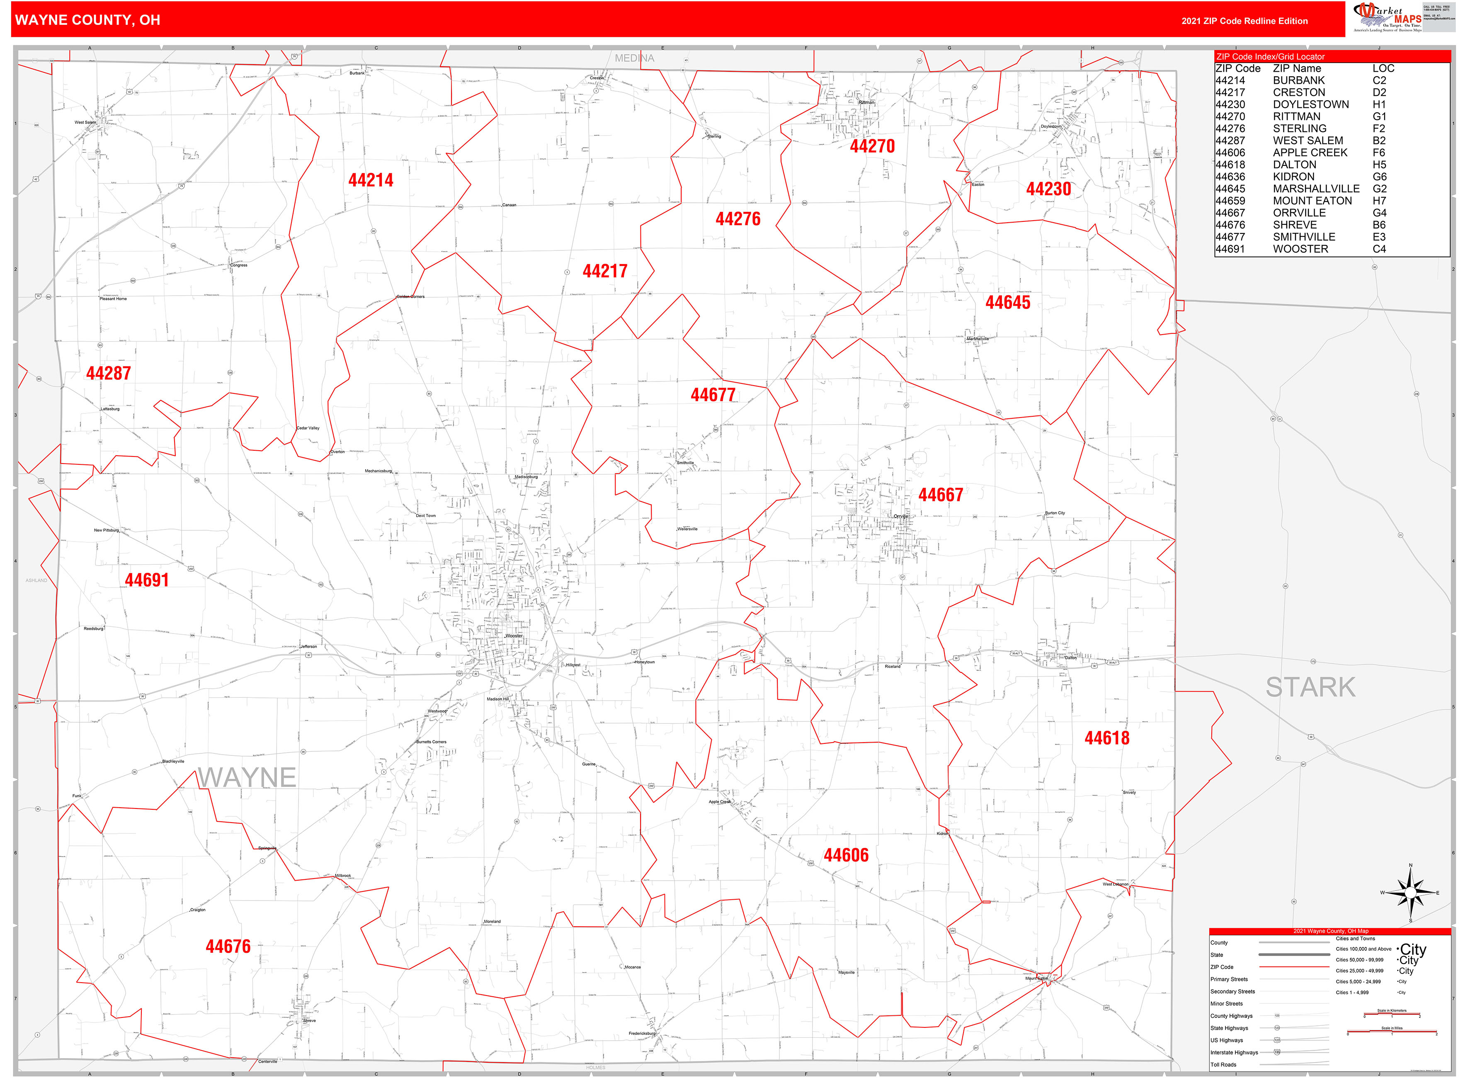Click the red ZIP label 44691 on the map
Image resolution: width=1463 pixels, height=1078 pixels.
coord(147,580)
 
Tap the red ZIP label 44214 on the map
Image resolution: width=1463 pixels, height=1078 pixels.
coord(371,180)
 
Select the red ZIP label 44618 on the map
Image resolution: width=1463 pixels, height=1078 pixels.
coord(1107,738)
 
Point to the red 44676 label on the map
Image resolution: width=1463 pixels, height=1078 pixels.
coord(228,946)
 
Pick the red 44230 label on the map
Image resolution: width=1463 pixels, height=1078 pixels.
coord(1048,189)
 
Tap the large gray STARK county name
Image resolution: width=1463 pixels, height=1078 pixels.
coord(1310,687)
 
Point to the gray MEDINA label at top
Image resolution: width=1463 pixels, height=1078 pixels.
coord(633,58)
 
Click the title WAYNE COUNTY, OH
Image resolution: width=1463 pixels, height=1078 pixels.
coord(87,19)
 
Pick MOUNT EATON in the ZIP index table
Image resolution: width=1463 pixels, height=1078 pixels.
coord(1312,201)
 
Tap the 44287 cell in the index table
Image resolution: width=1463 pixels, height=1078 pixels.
coord(1230,140)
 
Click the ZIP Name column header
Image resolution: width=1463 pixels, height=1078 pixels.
coord(1297,68)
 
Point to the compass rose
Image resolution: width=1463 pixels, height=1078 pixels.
coord(1410,893)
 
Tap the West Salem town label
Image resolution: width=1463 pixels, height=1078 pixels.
coord(85,122)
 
